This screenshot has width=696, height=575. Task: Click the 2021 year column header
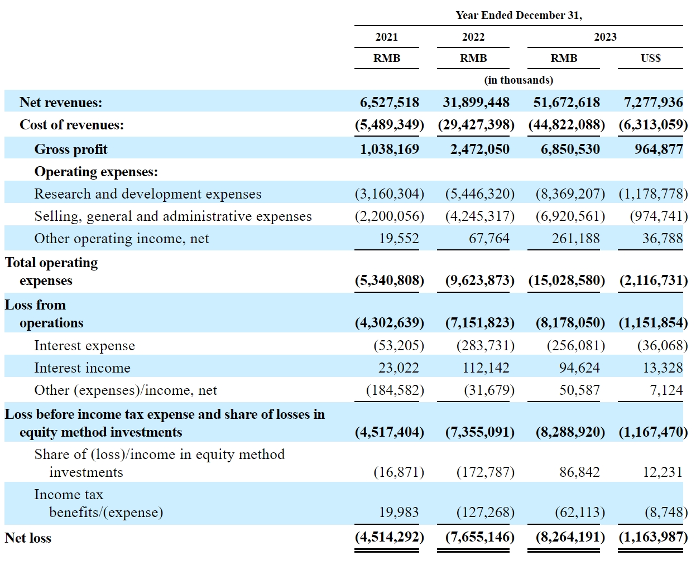[x=386, y=37]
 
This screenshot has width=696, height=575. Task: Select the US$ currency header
[x=650, y=58]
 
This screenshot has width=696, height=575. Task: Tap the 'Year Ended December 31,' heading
[x=519, y=15]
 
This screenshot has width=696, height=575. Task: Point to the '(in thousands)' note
[x=519, y=80]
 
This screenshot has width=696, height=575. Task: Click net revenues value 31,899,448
[x=476, y=102]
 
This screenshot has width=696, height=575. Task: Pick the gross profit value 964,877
[x=659, y=149]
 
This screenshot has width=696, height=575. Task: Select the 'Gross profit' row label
[x=71, y=149]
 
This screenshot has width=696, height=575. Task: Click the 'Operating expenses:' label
[x=96, y=172]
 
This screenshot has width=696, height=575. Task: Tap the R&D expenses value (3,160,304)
[x=390, y=194]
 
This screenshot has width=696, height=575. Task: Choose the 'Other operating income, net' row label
[x=121, y=239]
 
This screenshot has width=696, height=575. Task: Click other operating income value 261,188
[x=575, y=239]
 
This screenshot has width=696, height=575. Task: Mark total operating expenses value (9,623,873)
[x=479, y=281]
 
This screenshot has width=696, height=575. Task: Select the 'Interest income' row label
[x=82, y=368]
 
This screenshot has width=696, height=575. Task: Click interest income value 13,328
[x=663, y=368]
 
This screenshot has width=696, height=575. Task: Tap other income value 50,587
[x=579, y=390]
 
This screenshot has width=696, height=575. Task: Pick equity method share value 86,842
[x=579, y=472]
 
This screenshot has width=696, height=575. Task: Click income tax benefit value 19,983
[x=399, y=512]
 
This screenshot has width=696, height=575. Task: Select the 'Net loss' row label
[x=28, y=538]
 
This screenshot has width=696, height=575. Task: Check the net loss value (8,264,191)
[x=570, y=537]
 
